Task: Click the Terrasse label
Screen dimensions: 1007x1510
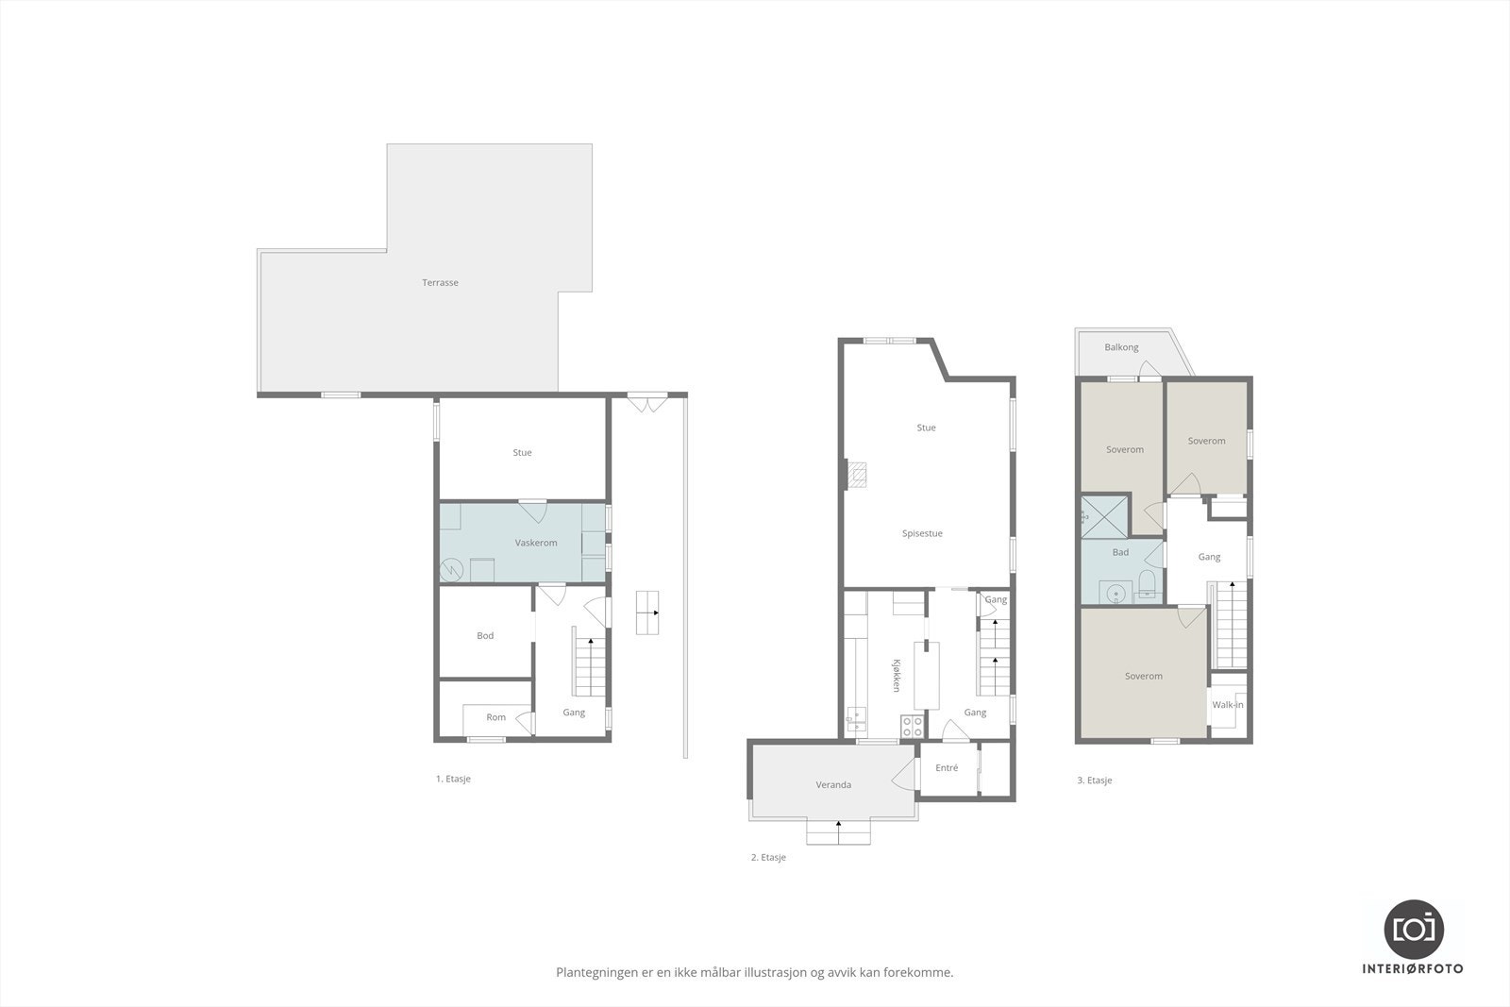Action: click(441, 283)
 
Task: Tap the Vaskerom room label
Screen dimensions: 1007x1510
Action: click(536, 543)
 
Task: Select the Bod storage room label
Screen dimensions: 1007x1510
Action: click(485, 636)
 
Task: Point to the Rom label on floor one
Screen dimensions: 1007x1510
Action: click(495, 717)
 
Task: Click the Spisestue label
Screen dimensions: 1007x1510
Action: click(922, 534)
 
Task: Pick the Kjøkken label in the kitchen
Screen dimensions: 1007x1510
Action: click(898, 675)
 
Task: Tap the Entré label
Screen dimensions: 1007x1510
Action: click(947, 768)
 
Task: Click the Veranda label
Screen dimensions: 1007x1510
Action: click(833, 784)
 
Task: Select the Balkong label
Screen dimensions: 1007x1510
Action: click(1121, 348)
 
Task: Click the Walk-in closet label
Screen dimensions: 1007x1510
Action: click(1228, 705)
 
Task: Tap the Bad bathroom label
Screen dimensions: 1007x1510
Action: click(1120, 553)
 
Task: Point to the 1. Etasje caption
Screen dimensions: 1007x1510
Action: click(453, 780)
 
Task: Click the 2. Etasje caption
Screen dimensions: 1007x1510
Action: click(768, 858)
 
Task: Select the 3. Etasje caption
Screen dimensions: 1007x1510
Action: click(1095, 780)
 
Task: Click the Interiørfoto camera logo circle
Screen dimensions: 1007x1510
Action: click(1414, 929)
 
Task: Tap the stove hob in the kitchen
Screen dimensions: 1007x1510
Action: click(913, 726)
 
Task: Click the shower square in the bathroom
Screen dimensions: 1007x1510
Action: click(1105, 514)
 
